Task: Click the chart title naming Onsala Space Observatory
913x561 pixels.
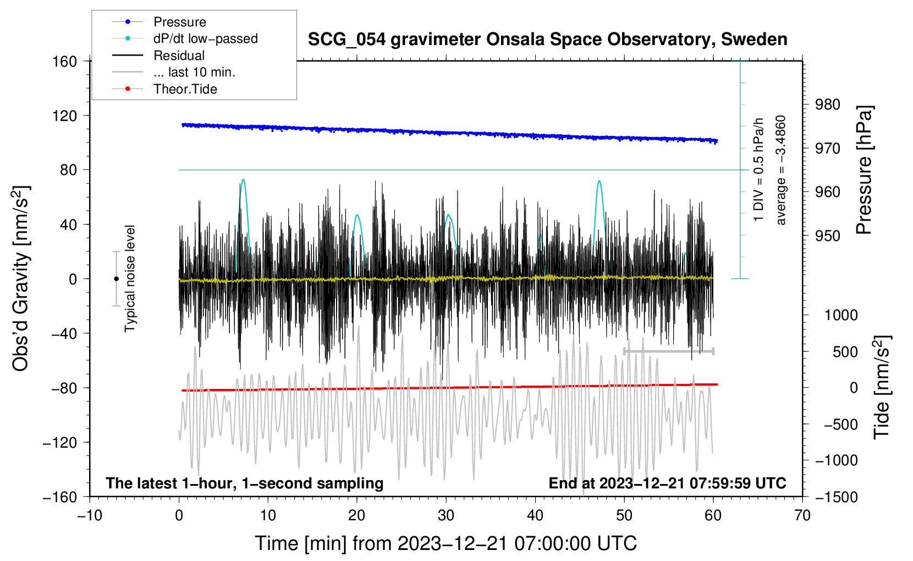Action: click(547, 40)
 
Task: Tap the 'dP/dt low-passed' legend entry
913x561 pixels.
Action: click(205, 38)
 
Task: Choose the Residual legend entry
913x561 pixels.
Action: click(179, 56)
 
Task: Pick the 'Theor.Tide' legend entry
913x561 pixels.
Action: click(185, 89)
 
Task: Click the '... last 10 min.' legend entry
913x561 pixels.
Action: click(194, 72)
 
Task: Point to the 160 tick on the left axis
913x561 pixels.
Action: click(65, 61)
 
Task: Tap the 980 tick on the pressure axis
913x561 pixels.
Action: click(828, 105)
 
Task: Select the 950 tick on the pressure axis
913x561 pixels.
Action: click(828, 236)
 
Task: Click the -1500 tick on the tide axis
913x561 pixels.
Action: click(837, 497)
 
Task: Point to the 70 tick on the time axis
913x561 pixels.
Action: click(802, 515)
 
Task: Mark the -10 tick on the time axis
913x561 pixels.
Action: click(90, 515)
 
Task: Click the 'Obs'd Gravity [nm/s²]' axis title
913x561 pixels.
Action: click(21, 278)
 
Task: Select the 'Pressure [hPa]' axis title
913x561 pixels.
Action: click(865, 170)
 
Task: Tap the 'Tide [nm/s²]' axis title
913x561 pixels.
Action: click(882, 387)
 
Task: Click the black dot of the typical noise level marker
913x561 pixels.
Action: click(116, 279)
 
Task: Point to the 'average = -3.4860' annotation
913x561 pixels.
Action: click(781, 170)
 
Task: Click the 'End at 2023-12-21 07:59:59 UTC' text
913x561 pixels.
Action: click(667, 483)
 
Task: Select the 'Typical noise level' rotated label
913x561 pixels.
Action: click(130, 278)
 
